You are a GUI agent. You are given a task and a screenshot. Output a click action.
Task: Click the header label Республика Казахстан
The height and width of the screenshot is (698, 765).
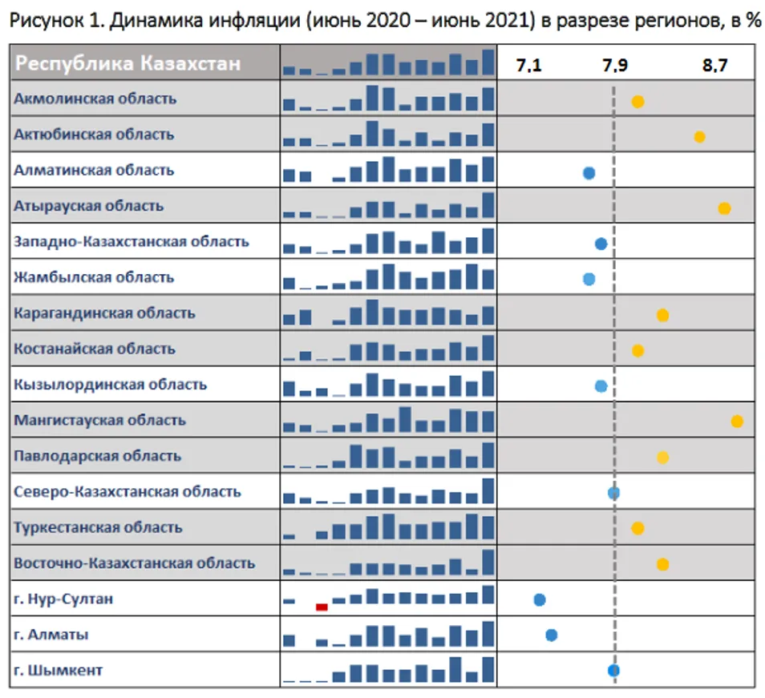coord(128,63)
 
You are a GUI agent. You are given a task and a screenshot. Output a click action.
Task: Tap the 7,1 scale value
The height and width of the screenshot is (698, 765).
coord(528,67)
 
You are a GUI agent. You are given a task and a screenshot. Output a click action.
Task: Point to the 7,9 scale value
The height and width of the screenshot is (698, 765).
coord(615,67)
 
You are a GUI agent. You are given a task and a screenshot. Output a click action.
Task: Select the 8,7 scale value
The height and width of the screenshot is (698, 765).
coord(714,67)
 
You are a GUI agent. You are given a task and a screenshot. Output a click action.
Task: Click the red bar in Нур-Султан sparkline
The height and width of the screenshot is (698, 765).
coord(322,607)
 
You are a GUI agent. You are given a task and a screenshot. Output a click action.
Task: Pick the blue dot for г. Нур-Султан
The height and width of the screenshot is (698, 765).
coord(540,599)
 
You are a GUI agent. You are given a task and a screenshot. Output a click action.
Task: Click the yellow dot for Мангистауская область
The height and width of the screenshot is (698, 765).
coord(737,421)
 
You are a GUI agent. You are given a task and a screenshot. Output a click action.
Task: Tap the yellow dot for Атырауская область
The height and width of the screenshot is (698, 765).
coord(724,208)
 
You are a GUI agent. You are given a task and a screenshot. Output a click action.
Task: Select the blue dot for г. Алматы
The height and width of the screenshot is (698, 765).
coord(552,635)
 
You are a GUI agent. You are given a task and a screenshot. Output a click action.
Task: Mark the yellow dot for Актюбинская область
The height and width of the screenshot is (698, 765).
coord(699,137)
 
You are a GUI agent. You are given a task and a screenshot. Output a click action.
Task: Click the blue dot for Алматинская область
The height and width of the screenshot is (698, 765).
coord(589,172)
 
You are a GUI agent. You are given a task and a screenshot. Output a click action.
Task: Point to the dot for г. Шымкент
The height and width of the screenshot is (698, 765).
coord(613,671)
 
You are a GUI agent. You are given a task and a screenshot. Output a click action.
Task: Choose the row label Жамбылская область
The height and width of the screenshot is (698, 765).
coord(94,277)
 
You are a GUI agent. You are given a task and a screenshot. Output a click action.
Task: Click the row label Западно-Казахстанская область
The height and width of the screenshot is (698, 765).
coord(132,241)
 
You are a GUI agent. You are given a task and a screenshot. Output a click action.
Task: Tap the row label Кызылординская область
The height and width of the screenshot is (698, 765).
coord(111,385)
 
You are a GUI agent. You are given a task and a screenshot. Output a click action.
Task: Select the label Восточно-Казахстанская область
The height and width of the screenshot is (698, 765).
coord(135,563)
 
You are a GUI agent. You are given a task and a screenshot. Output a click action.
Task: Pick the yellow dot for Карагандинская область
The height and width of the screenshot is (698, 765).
coord(662,315)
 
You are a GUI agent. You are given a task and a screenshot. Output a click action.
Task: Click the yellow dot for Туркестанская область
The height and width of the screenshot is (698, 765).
coord(637,528)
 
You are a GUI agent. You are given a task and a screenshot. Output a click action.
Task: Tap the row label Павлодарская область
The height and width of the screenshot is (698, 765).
coord(97,456)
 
